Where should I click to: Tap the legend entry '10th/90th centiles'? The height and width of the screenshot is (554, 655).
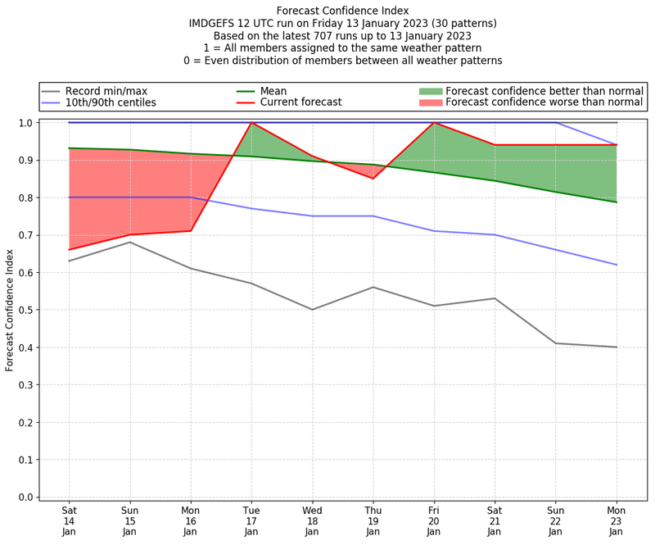(111, 103)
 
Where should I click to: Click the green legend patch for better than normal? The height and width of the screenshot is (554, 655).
(431, 91)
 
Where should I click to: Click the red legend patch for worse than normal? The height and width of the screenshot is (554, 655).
(431, 103)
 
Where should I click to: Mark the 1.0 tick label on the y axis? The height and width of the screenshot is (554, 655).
(25, 123)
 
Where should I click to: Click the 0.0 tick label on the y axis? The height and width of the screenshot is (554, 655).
(25, 497)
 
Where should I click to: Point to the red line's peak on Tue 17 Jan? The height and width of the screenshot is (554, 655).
(251, 123)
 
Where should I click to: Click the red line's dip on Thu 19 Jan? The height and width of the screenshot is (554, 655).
(373, 179)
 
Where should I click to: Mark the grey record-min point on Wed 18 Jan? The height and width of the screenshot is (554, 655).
(312, 310)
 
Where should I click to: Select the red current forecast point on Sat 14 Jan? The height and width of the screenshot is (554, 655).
(69, 249)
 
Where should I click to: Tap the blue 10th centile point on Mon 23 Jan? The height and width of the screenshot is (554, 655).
(617, 265)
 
